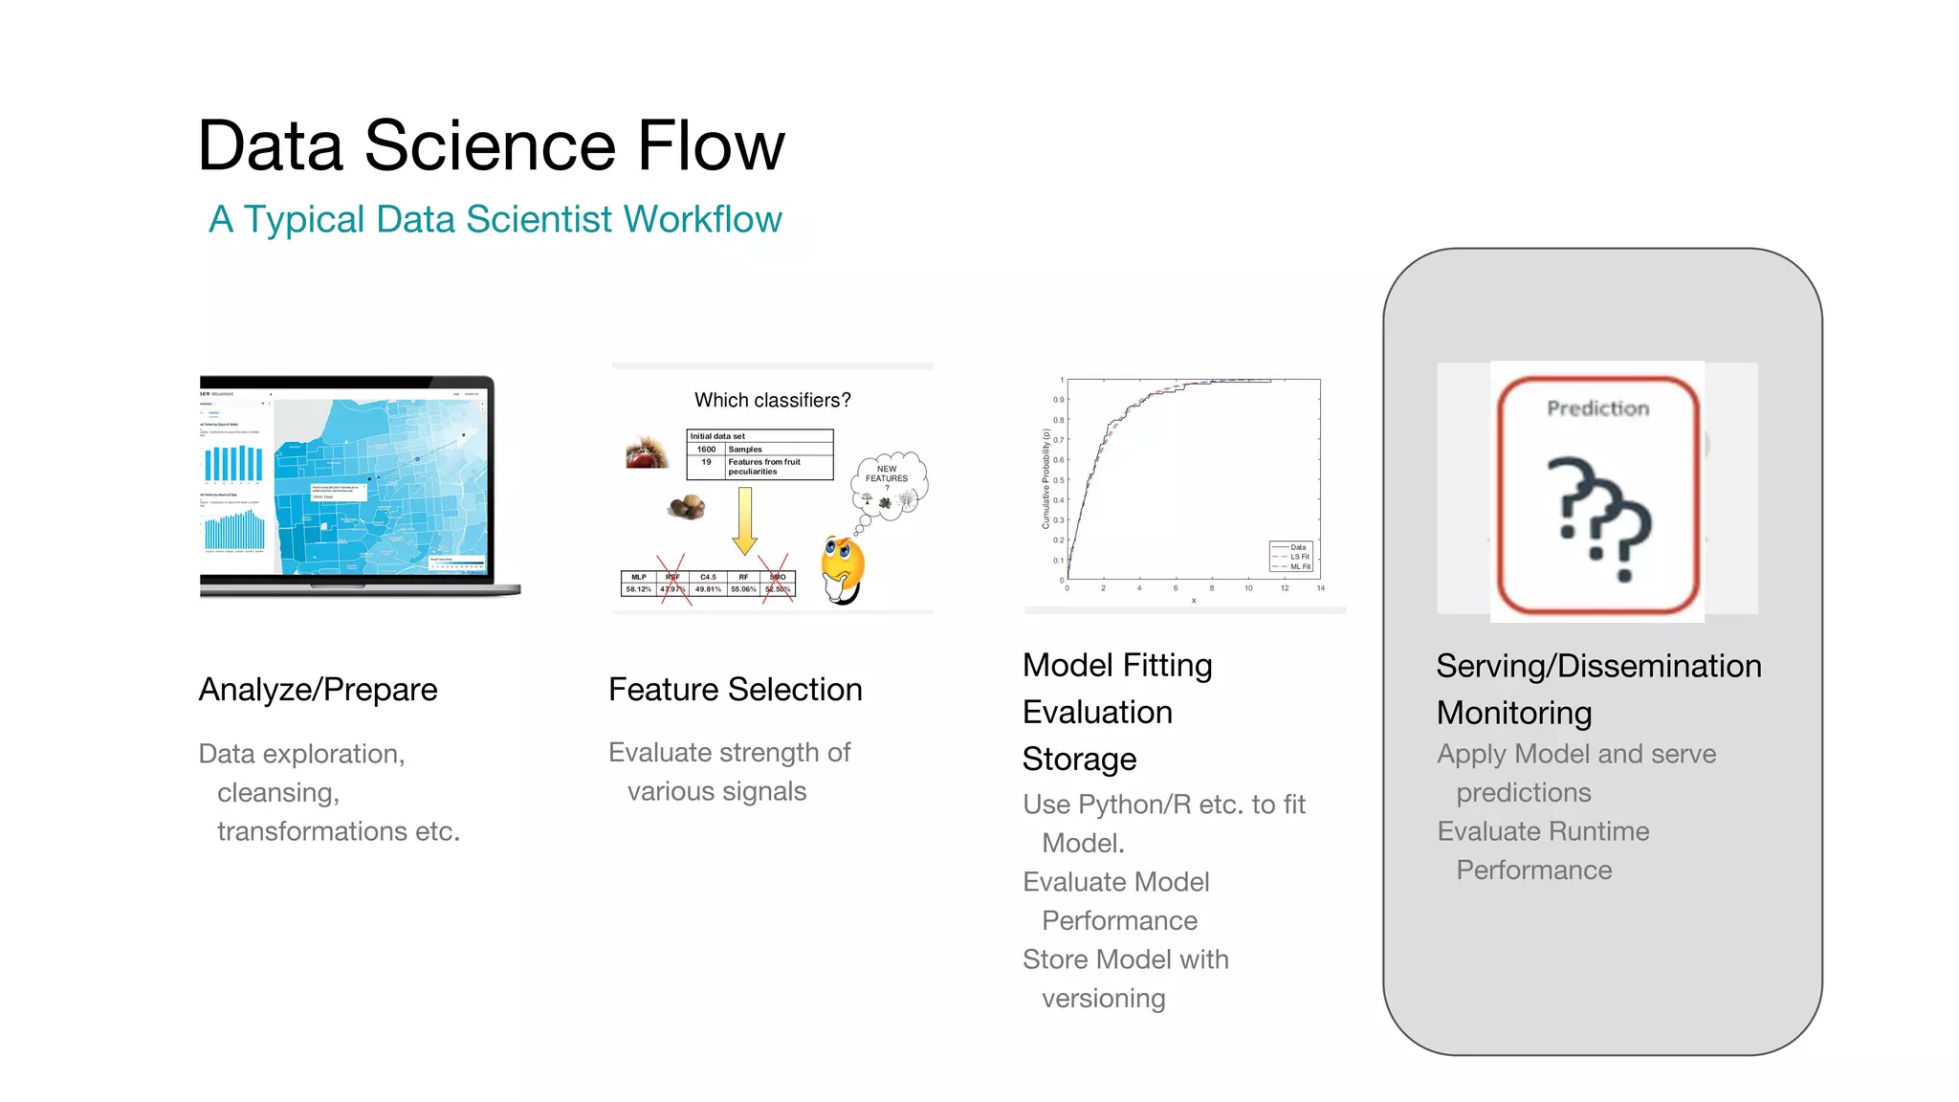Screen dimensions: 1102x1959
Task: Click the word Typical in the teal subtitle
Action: pyautogui.click(x=303, y=219)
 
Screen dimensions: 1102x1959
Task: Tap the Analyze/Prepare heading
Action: pyautogui.click(x=318, y=690)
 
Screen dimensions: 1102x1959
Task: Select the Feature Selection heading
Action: pyautogui.click(x=735, y=690)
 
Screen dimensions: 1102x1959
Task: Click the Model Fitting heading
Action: pyautogui.click(x=1116, y=665)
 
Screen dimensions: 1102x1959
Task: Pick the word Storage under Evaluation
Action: pyautogui.click(x=1079, y=759)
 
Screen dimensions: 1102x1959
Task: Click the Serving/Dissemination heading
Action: pyautogui.click(x=1598, y=666)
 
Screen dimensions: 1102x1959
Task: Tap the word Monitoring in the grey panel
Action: pyautogui.click(x=1513, y=713)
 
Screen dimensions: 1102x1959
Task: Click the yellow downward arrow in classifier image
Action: pyautogui.click(x=744, y=520)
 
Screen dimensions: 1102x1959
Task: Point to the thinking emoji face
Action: pyautogui.click(x=842, y=565)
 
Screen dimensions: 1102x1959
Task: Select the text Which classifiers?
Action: pyautogui.click(x=772, y=400)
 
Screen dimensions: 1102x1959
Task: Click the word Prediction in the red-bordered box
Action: pyautogui.click(x=1597, y=408)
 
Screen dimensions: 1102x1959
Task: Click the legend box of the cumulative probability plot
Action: pyautogui.click(x=1292, y=557)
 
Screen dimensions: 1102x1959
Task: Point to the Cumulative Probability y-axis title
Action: pyautogui.click(x=1046, y=478)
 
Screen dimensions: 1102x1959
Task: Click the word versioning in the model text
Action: pyautogui.click(x=1103, y=999)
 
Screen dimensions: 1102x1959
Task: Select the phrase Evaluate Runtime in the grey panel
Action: pyautogui.click(x=1543, y=831)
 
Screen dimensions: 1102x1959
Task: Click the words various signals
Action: pyautogui.click(x=716, y=792)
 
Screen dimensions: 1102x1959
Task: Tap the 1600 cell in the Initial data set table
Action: pyautogui.click(x=706, y=449)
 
